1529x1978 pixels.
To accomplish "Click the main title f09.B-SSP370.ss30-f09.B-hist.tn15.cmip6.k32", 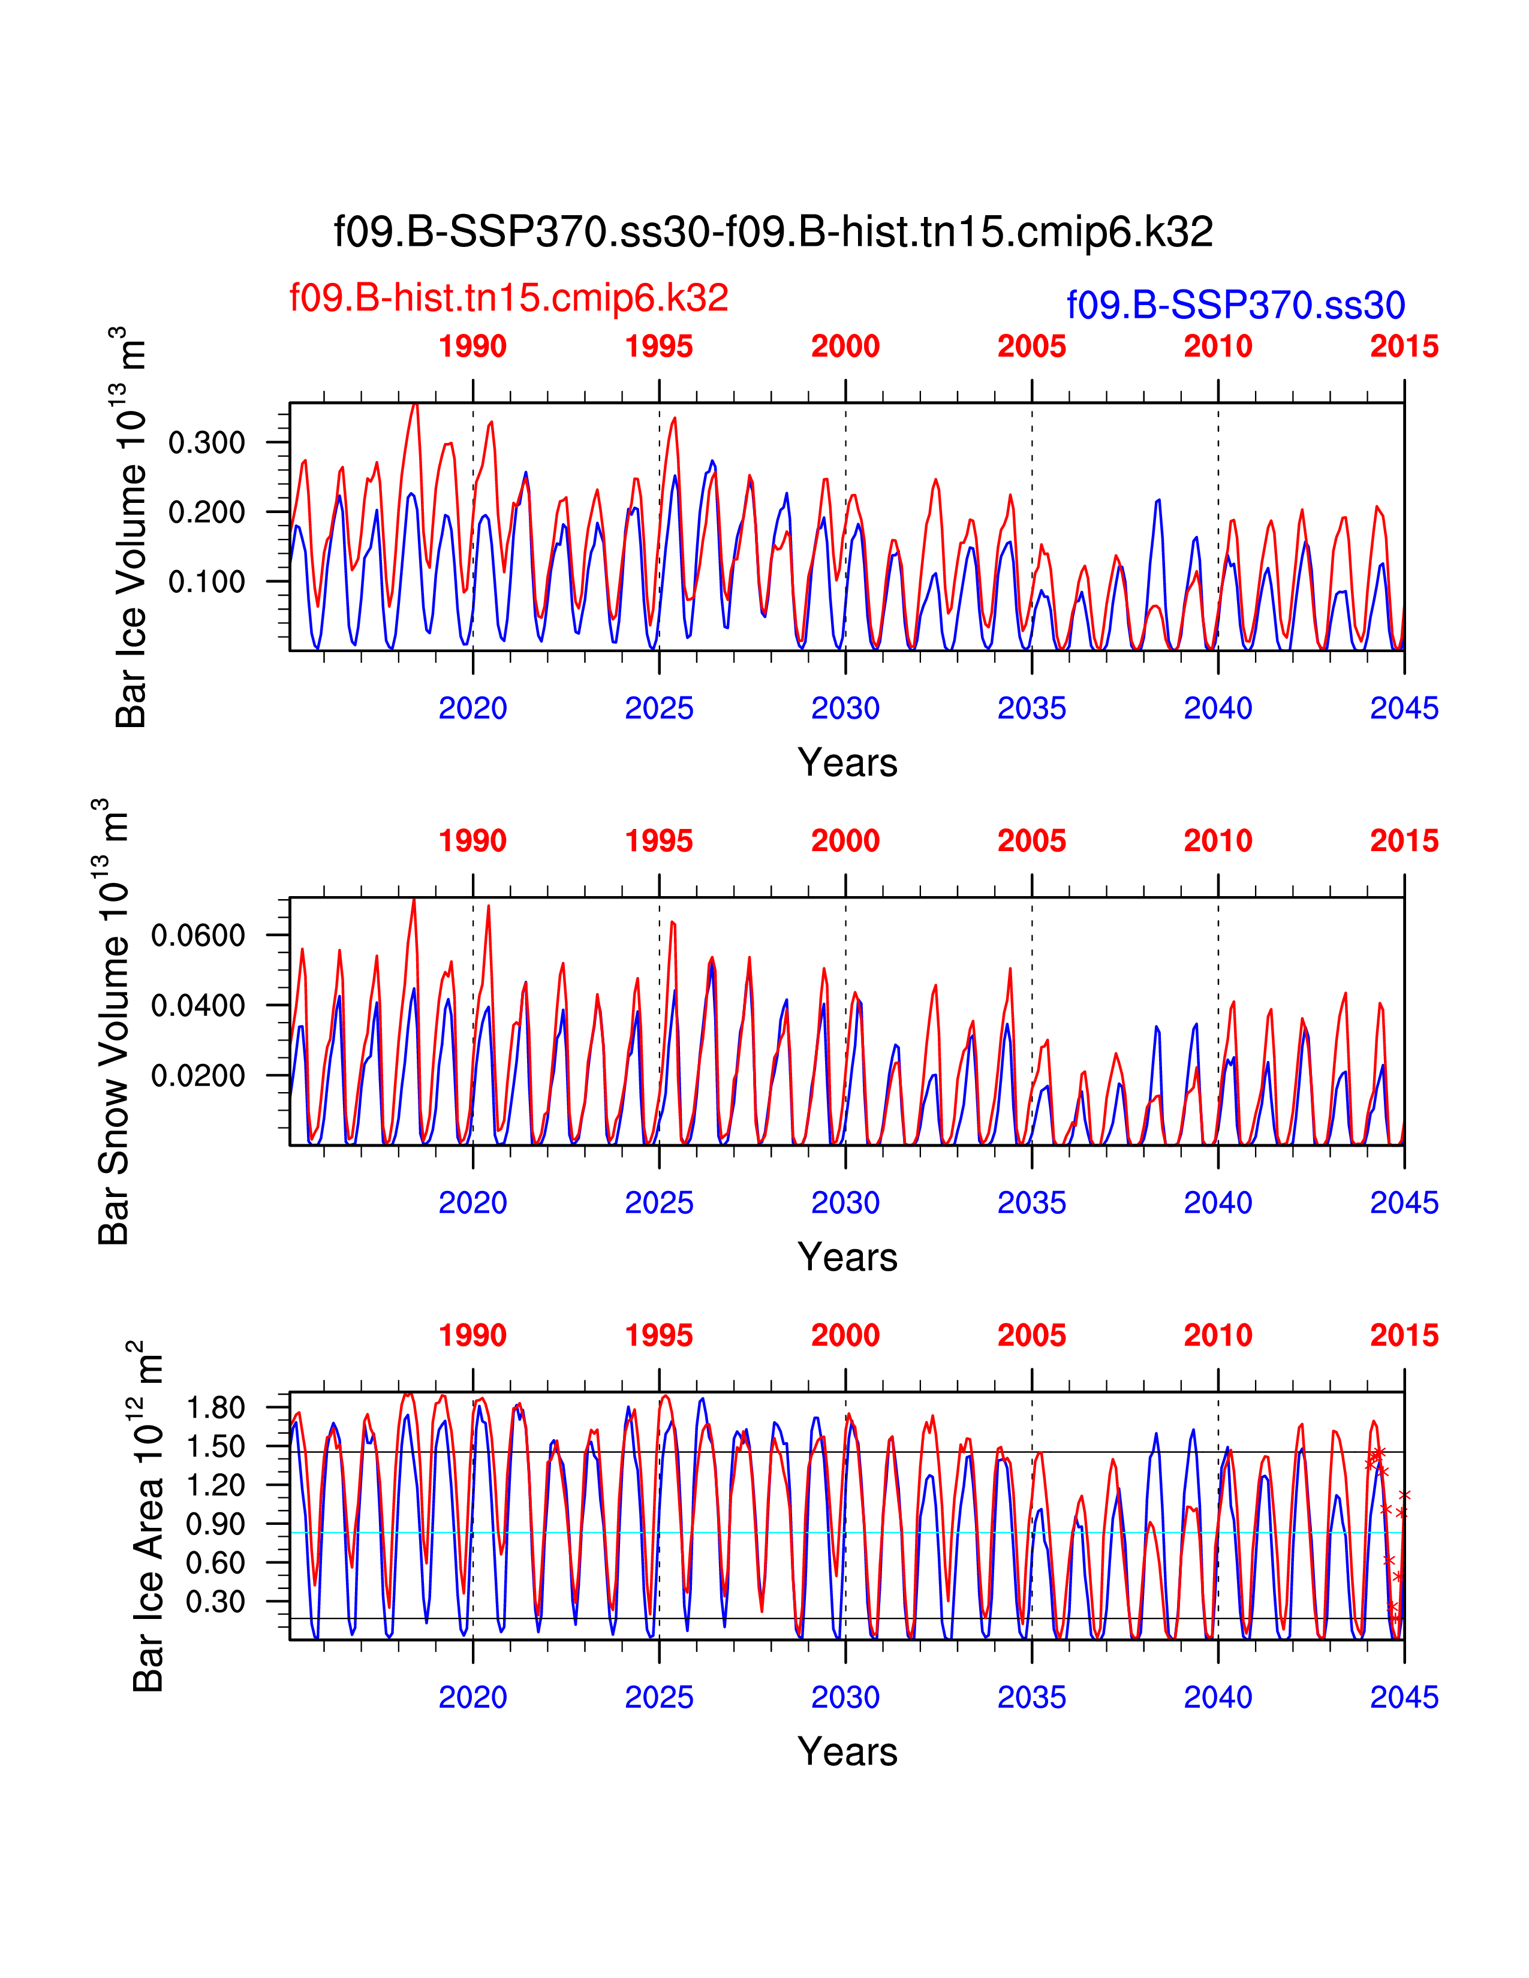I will [x=773, y=233].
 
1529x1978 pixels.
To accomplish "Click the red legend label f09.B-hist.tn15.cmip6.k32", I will [x=508, y=298].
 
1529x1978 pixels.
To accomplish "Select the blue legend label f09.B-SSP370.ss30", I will [x=1236, y=305].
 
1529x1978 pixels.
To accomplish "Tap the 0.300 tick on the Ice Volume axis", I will [x=206, y=443].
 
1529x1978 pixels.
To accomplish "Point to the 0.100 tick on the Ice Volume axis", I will [x=206, y=581].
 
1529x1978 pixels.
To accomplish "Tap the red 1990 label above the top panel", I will [x=473, y=347].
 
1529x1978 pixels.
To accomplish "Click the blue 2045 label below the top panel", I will [x=1404, y=708].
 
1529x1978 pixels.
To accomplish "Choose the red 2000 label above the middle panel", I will [x=845, y=842].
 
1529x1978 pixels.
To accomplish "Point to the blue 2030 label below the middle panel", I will [x=845, y=1203].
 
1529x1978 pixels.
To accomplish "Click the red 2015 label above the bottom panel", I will [x=1404, y=1336].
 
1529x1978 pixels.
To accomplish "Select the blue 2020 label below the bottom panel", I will [x=473, y=1697].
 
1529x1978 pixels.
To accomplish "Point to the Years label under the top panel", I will [x=847, y=762].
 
